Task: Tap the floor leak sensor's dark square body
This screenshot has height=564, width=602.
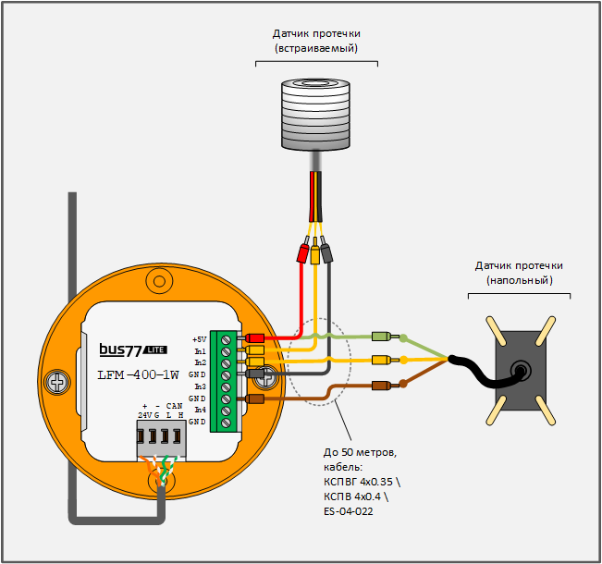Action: pyautogui.click(x=520, y=370)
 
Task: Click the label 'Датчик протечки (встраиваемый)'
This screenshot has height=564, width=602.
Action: pyautogui.click(x=316, y=40)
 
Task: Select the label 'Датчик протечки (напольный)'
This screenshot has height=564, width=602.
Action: pyautogui.click(x=519, y=272)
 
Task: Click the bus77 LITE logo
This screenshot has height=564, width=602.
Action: pyautogui.click(x=133, y=349)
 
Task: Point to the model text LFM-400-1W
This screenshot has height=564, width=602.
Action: pyautogui.click(x=138, y=375)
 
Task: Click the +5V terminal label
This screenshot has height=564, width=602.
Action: pyautogui.click(x=199, y=339)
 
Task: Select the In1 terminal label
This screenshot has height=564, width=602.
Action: pyautogui.click(x=200, y=351)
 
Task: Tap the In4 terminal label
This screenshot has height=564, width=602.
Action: pyautogui.click(x=200, y=410)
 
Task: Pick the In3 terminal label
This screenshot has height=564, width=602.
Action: pyautogui.click(x=200, y=386)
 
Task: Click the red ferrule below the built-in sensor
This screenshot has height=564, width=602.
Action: pyautogui.click(x=302, y=251)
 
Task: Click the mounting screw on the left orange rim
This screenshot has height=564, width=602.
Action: pyautogui.click(x=58, y=380)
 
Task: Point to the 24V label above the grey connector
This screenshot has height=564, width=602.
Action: pyautogui.click(x=145, y=415)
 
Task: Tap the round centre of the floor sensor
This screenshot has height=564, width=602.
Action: pyautogui.click(x=522, y=371)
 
